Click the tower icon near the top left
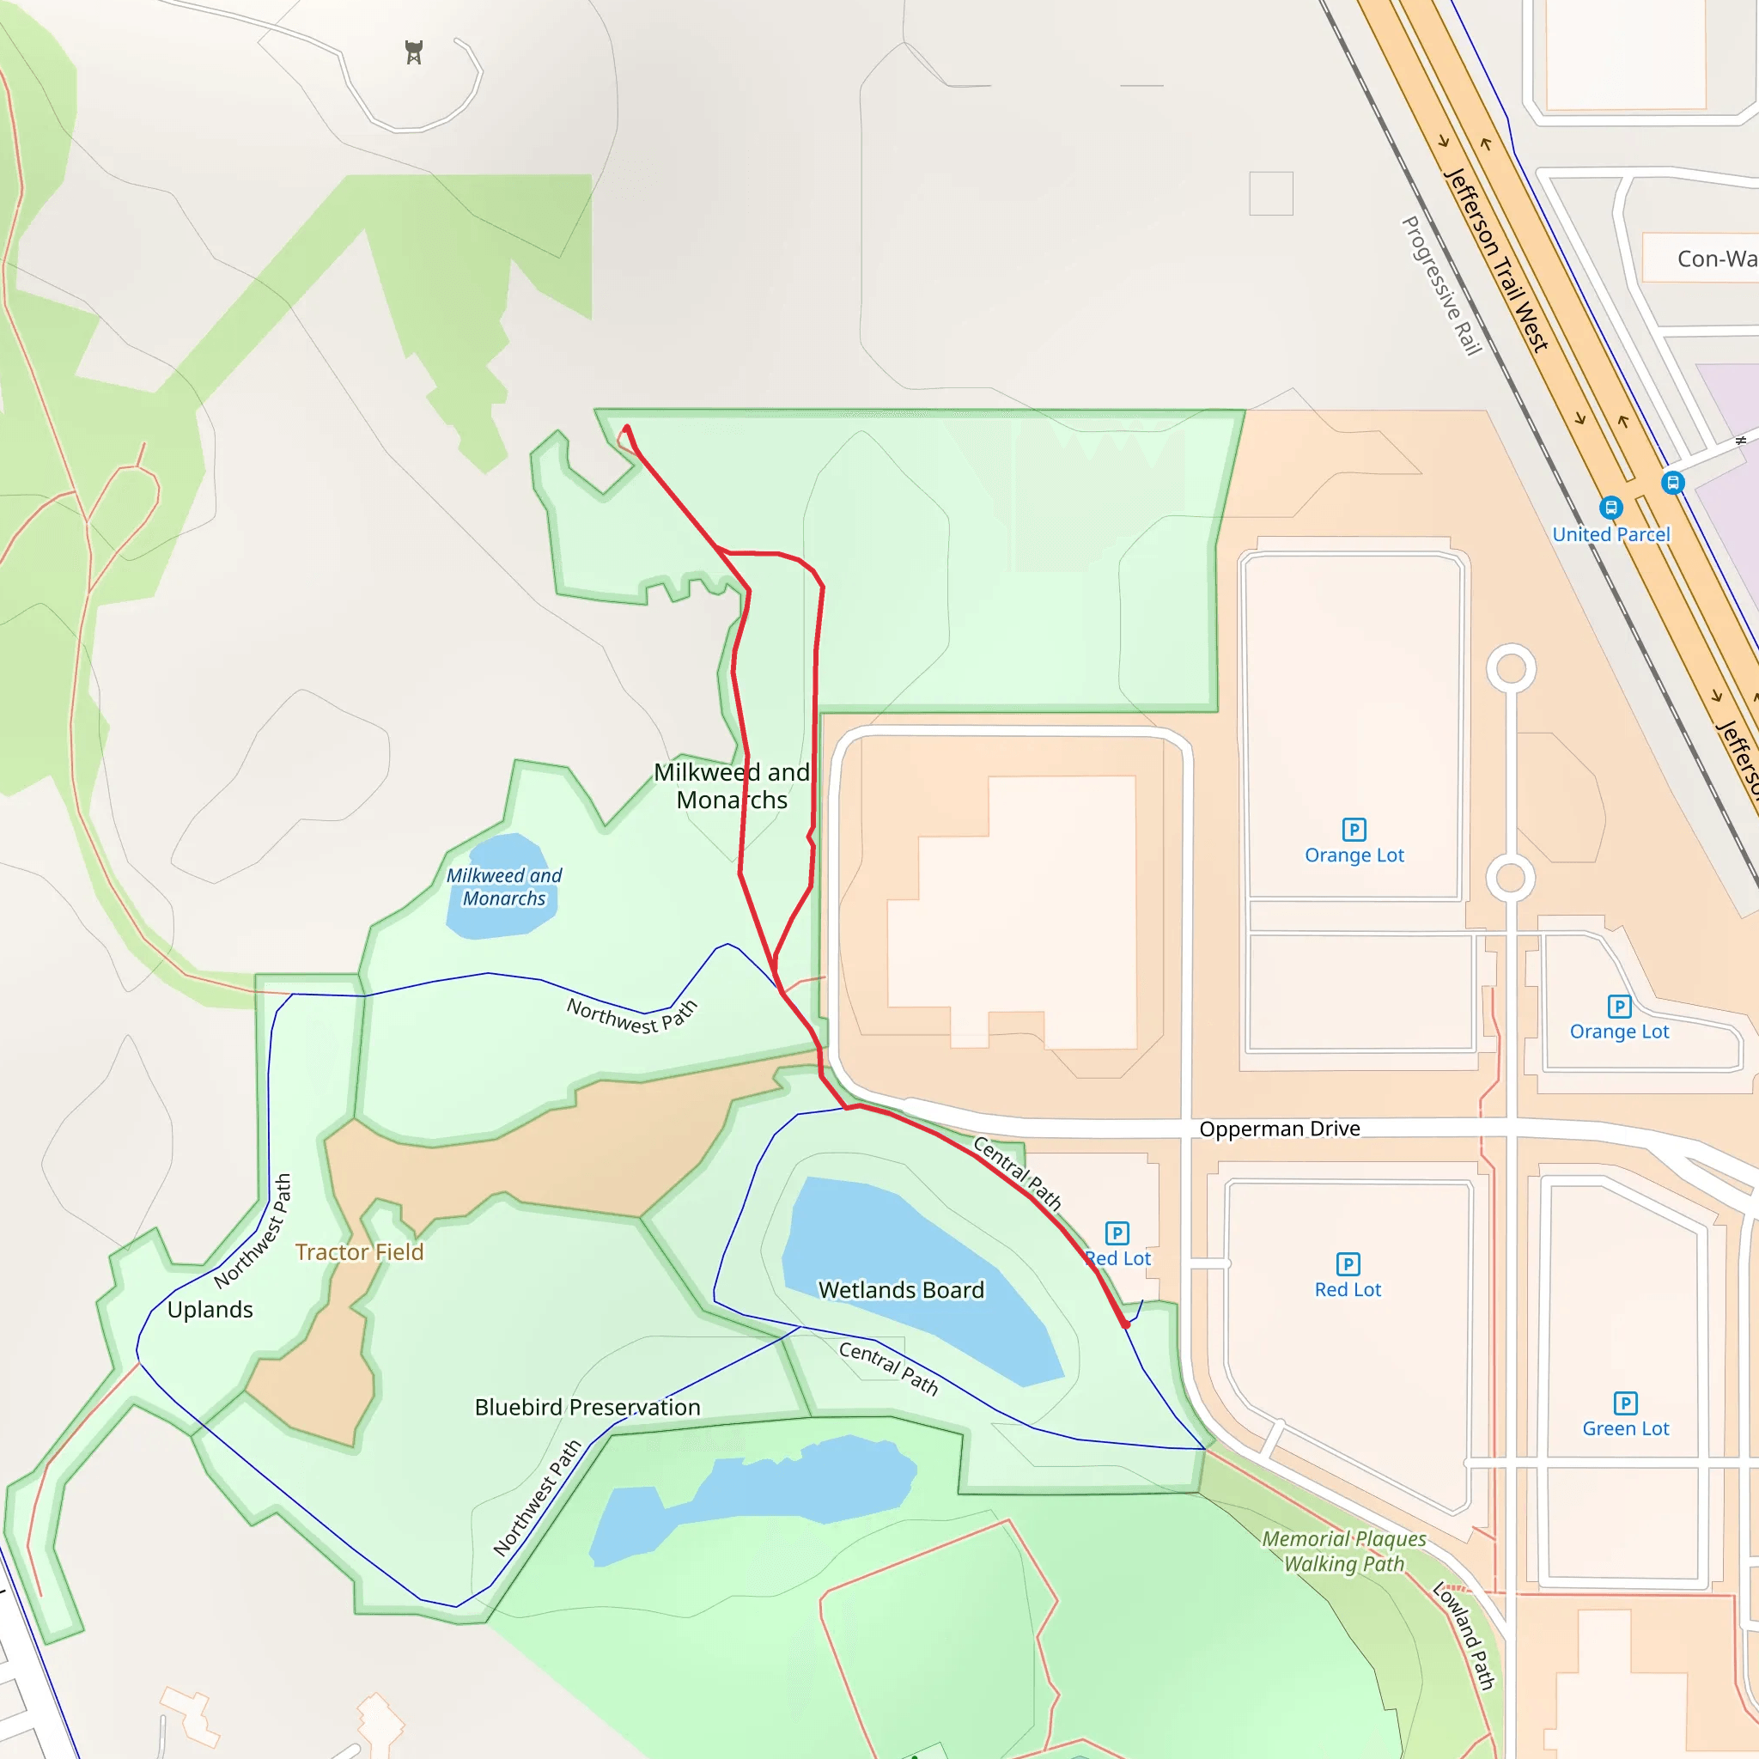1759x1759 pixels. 414,52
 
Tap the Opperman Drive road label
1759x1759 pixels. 1279,1129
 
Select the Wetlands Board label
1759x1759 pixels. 901,1290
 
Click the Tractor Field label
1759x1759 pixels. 360,1252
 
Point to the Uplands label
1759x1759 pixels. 210,1309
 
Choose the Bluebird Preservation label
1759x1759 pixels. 587,1407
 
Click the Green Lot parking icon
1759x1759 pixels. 1625,1403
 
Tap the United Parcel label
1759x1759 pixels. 1610,534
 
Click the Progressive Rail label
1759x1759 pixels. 1441,286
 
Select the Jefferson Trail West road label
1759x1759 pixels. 1497,260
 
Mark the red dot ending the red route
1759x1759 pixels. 1126,1324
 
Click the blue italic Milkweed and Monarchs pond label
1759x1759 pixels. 503,886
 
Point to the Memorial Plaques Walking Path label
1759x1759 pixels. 1344,1551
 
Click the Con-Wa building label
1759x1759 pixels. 1715,259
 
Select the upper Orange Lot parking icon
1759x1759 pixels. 1354,830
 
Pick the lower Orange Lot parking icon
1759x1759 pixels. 1619,1006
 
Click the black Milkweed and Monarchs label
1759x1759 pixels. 732,786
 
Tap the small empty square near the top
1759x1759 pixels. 1271,193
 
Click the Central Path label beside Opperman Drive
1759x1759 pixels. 1018,1173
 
